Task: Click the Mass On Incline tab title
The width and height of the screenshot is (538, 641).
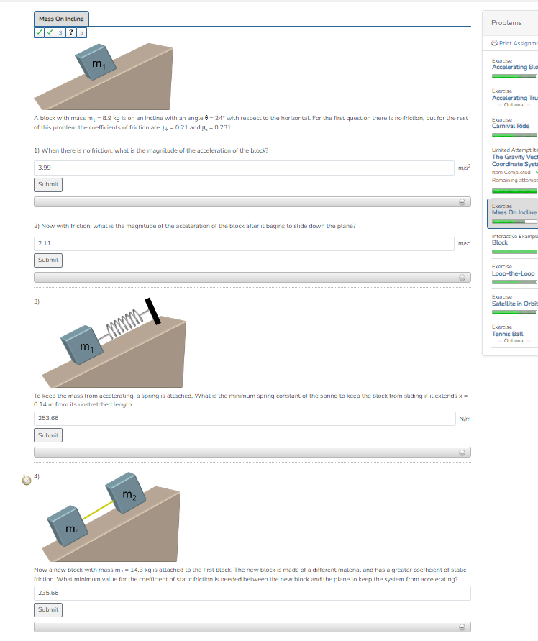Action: click(62, 19)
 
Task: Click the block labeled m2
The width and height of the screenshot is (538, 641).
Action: click(126, 492)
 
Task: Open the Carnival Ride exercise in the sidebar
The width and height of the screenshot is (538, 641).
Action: click(511, 126)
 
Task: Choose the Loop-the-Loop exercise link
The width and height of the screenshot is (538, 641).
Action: click(513, 273)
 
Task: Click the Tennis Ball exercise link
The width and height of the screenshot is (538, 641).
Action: click(507, 334)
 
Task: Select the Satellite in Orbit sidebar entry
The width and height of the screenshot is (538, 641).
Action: click(514, 304)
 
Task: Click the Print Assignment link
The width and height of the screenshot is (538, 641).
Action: click(514, 44)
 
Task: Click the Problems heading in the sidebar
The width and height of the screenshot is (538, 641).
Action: click(506, 23)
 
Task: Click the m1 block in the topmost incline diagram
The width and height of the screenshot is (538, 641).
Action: click(94, 63)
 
